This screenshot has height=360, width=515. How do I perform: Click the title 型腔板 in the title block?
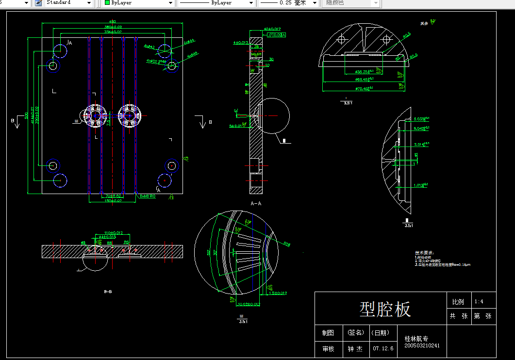[385, 309]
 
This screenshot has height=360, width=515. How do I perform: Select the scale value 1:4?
[479, 302]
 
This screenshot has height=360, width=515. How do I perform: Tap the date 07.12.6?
[383, 348]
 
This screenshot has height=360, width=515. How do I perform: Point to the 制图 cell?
[328, 333]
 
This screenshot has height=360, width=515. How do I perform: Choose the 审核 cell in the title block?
[328, 348]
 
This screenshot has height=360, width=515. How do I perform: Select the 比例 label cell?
[458, 302]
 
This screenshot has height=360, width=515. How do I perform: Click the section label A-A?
[256, 203]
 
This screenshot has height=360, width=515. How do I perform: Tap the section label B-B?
[108, 292]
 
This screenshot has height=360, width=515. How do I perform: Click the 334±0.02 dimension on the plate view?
[113, 32]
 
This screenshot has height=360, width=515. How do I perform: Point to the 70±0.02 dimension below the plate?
[113, 196]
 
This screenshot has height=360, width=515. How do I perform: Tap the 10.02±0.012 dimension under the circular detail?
[248, 305]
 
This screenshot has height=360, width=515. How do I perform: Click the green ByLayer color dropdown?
[139, 3]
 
